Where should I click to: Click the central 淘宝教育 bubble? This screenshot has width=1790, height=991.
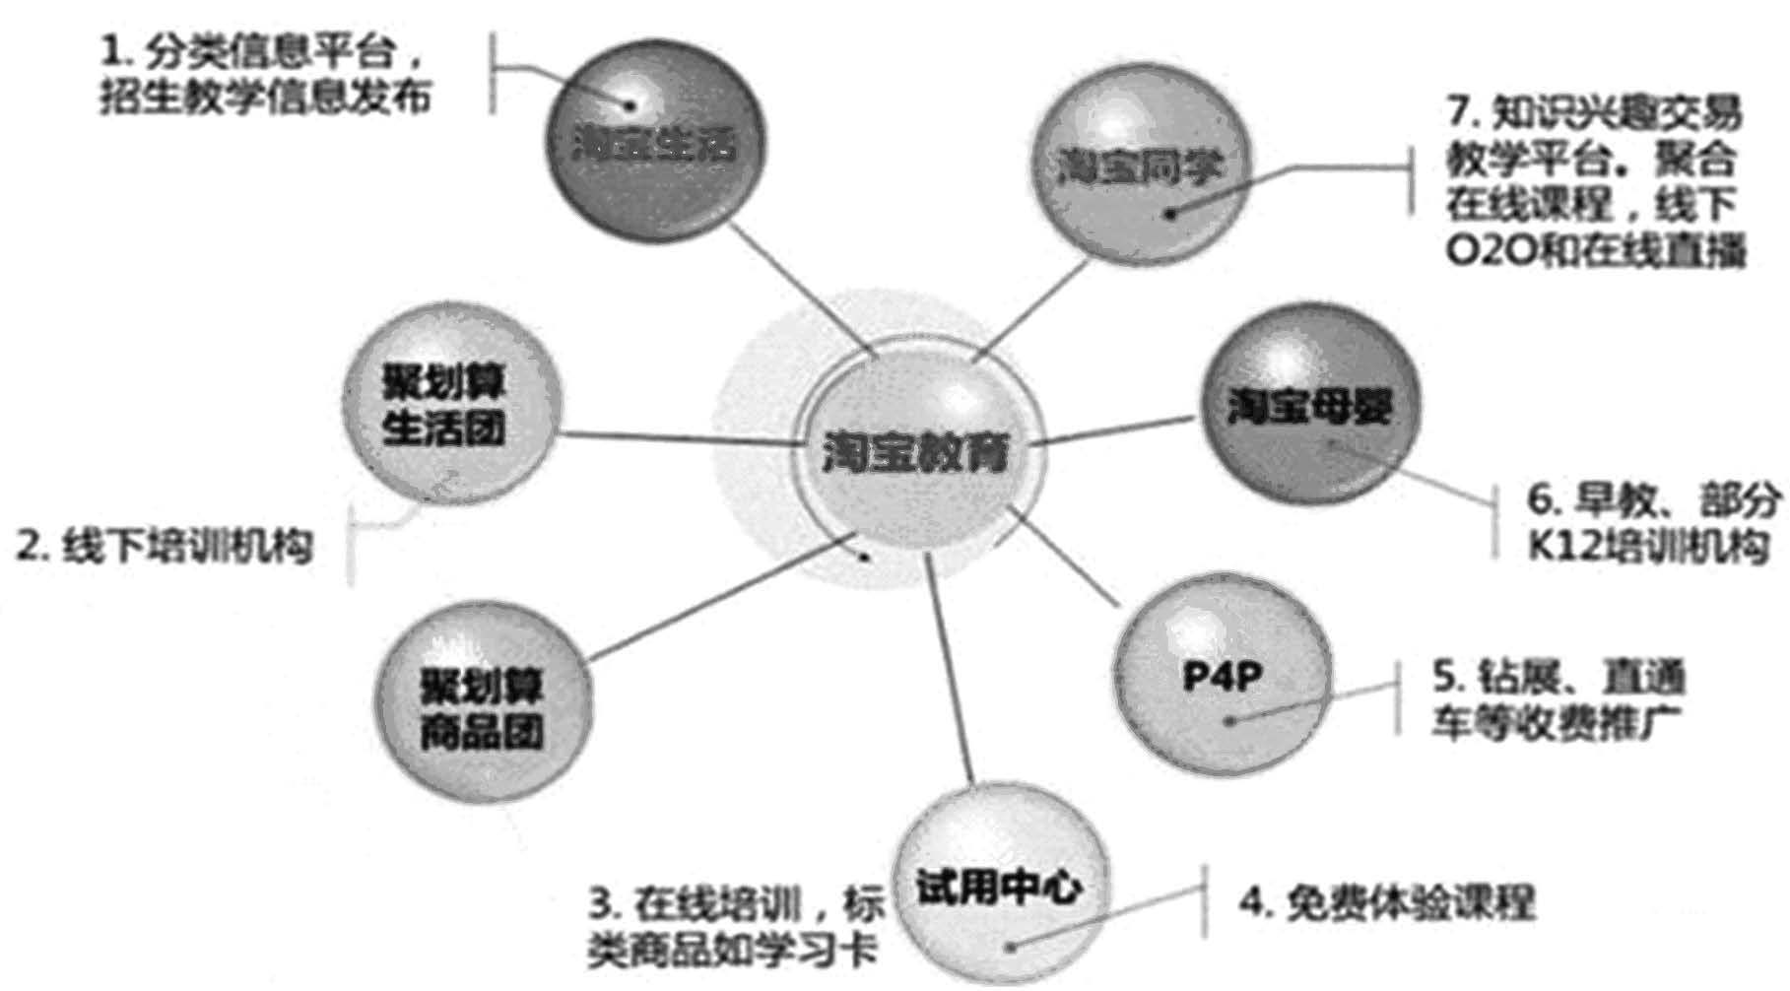click(917, 453)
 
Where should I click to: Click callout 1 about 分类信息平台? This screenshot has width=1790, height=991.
click(266, 75)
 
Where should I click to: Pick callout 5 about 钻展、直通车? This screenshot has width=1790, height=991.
click(1557, 701)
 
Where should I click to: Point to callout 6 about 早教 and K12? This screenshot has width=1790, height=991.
click(1651, 522)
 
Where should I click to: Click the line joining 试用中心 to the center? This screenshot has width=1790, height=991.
click(950, 670)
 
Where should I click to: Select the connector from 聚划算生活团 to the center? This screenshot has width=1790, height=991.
click(680, 438)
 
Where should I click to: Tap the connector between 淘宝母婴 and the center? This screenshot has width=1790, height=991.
click(1113, 431)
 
